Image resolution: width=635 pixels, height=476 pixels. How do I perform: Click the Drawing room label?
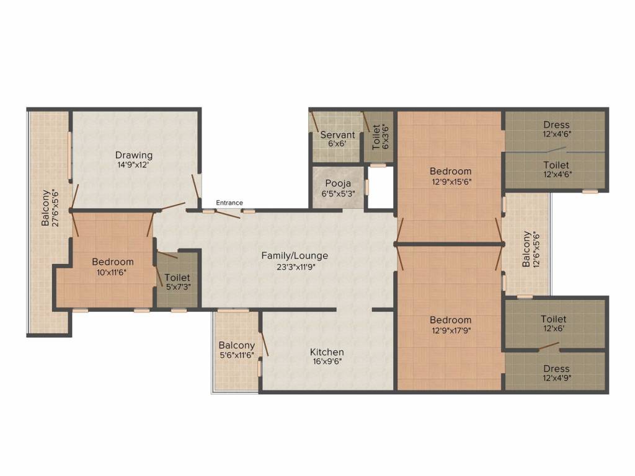tap(133, 155)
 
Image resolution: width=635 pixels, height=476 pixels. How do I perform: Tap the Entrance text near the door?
tap(229, 203)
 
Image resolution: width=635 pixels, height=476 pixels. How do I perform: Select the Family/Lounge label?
tap(295, 255)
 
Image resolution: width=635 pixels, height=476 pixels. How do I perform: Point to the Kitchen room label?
tap(327, 352)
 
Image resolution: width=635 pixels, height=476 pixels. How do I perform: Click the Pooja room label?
tap(338, 183)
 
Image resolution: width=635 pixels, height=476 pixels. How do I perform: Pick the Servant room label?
tap(337, 135)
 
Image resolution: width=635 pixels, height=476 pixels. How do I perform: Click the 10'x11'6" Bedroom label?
tap(113, 262)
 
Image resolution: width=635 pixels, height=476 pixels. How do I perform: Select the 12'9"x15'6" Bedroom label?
tap(451, 171)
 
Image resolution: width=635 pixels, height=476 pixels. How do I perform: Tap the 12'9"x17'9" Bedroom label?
tap(451, 320)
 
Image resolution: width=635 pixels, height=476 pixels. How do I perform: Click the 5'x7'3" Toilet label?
tap(177, 278)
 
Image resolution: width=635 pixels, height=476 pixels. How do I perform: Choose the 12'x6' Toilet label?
tap(554, 319)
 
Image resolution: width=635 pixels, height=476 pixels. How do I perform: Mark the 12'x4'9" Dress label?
tap(555, 369)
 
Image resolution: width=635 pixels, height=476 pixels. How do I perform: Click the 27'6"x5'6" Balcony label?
tap(46, 208)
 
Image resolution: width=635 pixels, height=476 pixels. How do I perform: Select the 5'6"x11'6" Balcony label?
tap(236, 345)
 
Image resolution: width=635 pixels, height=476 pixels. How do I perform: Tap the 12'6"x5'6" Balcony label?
tap(526, 249)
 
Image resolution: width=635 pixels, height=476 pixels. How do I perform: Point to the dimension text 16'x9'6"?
tap(327, 362)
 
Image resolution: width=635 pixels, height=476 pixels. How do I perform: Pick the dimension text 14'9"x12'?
tap(133, 165)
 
